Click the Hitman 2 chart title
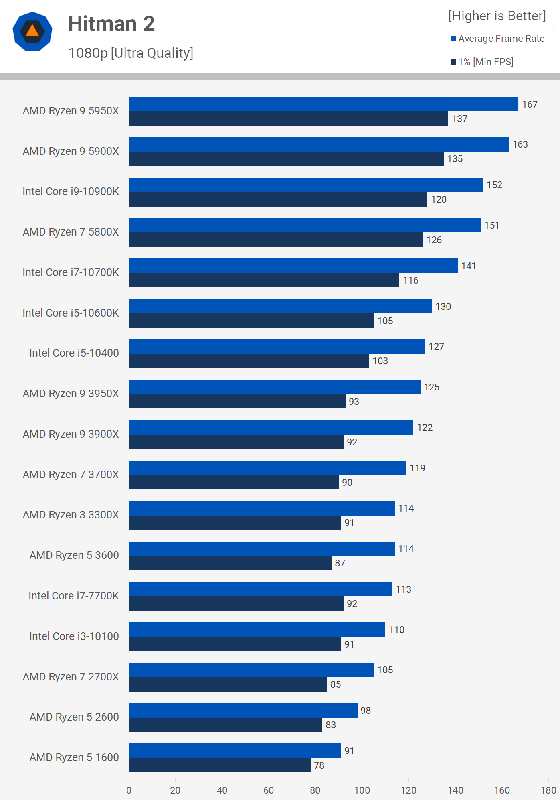111,24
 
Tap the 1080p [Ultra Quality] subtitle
131,53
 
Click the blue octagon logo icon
32,31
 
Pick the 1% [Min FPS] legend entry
482,62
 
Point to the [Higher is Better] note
497,16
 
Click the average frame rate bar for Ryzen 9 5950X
323,104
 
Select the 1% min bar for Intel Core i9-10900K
278,199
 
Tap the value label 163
520,144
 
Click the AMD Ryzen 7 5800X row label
71,232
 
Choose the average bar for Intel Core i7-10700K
293,266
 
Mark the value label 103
380,361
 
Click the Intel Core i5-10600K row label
71,313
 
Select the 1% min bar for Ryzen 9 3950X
237,401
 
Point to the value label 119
417,468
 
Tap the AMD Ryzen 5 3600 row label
74,555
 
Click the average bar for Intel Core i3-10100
257,629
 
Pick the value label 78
319,765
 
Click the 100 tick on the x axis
362,790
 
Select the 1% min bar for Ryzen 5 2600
225,725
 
